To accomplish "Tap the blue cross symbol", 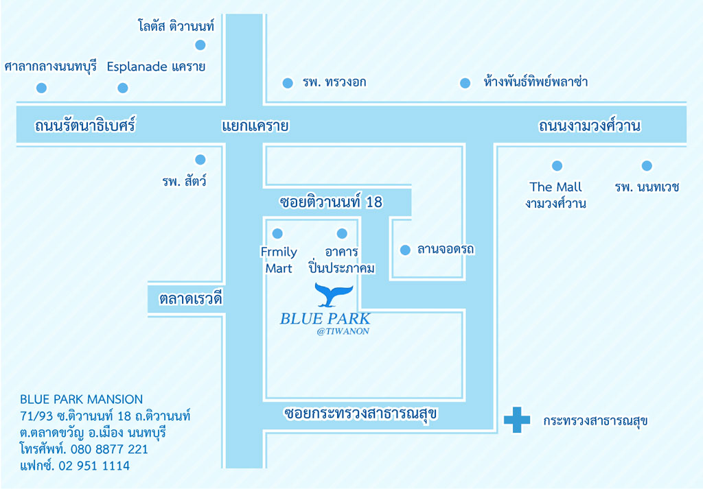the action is (x=517, y=420).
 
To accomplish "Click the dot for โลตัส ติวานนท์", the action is (x=200, y=45).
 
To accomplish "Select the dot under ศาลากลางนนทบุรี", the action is (x=41, y=88).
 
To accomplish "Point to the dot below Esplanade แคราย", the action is (x=122, y=88).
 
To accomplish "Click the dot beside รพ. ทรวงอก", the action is (x=288, y=83).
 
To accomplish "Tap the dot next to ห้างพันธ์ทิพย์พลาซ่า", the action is (x=465, y=83).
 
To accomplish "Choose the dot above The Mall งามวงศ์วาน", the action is (x=557, y=166).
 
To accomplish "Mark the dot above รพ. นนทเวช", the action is (x=647, y=166).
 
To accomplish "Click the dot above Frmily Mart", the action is (x=277, y=233).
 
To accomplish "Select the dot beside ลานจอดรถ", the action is (x=405, y=250).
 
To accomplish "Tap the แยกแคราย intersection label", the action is (x=255, y=126).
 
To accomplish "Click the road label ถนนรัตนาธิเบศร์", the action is (x=84, y=125).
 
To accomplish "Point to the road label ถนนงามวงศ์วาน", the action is (x=589, y=126).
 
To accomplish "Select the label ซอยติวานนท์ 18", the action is (x=331, y=202).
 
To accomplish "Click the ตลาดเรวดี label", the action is (x=191, y=298).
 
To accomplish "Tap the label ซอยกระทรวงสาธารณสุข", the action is (x=360, y=414).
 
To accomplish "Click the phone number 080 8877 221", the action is (x=109, y=449).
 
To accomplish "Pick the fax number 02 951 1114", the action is (x=94, y=466).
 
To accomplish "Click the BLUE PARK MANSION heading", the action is (x=81, y=399).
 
